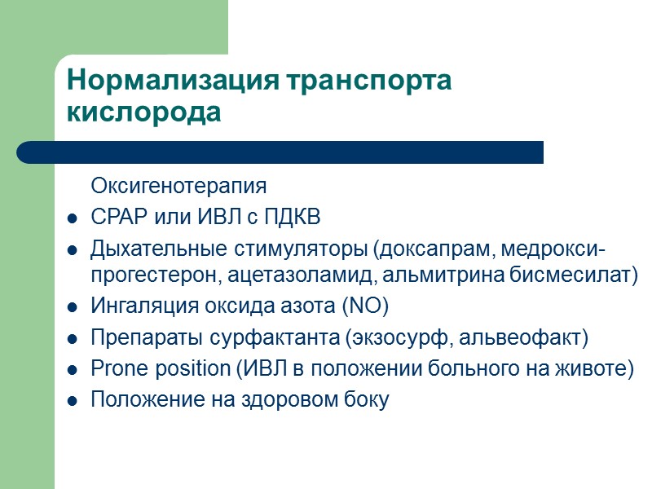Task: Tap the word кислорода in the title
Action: point(143,112)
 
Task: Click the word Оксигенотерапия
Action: point(178,186)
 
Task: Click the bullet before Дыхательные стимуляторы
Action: point(73,249)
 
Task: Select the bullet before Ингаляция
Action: point(73,308)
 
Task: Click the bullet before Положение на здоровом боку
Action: point(73,401)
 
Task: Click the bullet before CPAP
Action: point(73,219)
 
